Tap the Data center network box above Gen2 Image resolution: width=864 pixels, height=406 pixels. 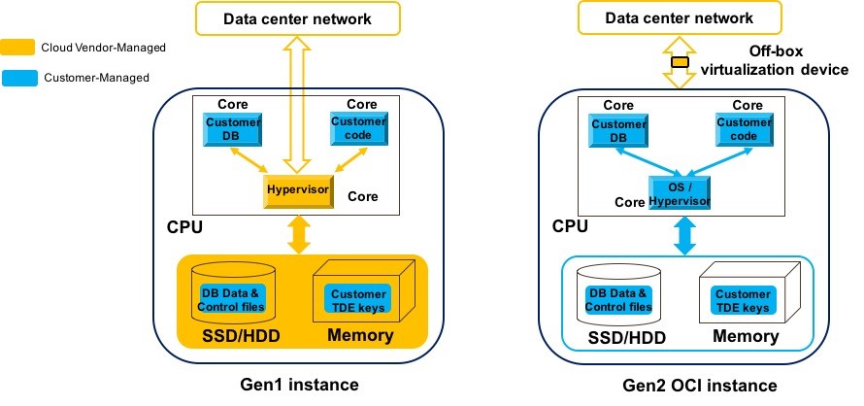(680, 17)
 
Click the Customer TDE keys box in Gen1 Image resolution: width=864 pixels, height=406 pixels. (357, 300)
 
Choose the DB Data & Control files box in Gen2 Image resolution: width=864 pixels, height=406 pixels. (615, 300)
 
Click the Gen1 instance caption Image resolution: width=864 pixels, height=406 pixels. (298, 385)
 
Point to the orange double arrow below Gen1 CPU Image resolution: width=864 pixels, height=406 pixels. (299, 234)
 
